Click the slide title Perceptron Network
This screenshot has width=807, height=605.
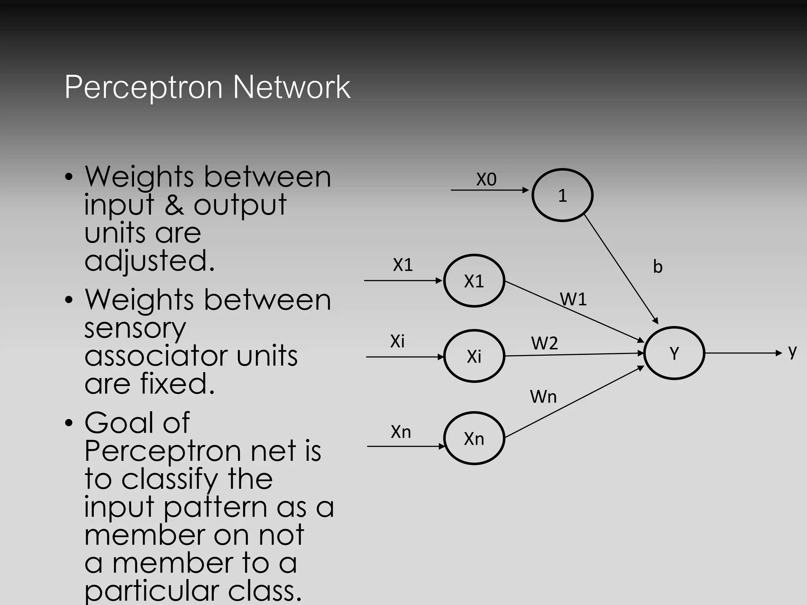(207, 87)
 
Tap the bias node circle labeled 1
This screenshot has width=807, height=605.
(562, 195)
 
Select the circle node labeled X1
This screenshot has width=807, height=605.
(474, 281)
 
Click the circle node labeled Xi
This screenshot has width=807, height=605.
(474, 356)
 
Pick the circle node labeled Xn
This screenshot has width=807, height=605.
(474, 438)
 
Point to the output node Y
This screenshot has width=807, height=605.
(674, 353)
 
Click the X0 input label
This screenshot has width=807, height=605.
(486, 180)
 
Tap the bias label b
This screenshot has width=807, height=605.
(658, 267)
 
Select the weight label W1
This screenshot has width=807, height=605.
(573, 299)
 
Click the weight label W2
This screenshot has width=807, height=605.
(545, 343)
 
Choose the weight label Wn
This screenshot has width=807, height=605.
(543, 396)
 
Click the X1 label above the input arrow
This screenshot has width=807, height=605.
(403, 265)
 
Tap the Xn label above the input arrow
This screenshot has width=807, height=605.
(401, 432)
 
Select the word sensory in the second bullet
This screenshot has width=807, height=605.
(135, 328)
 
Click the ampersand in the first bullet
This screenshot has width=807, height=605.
(174, 205)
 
